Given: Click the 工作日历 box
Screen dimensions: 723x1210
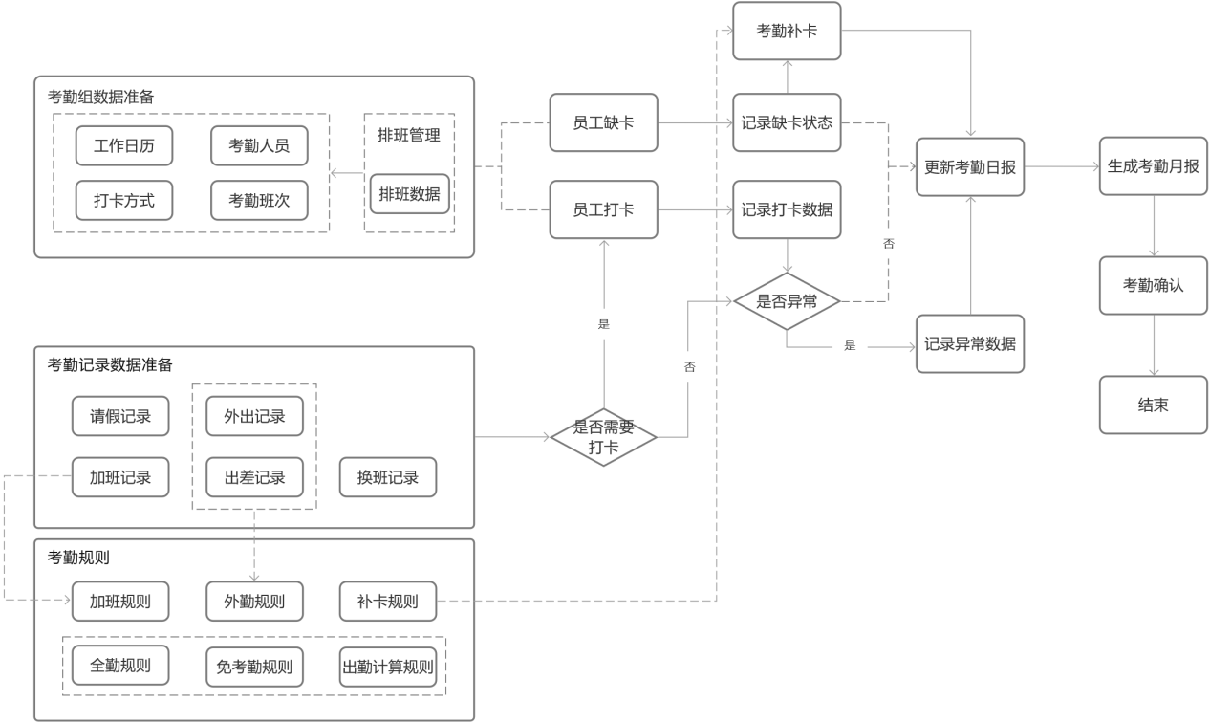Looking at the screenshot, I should (123, 145).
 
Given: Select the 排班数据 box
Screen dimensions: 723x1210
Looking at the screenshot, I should (409, 193).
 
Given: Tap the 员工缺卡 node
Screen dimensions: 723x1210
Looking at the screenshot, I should (603, 122).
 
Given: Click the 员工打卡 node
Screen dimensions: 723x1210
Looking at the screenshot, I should (603, 208).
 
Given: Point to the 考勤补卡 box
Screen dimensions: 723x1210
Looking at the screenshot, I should (786, 32).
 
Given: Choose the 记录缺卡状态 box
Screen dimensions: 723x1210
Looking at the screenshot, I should (786, 122).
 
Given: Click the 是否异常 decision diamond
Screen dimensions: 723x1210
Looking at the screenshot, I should (786, 301).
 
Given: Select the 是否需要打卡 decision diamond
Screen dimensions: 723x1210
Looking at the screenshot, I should (603, 437).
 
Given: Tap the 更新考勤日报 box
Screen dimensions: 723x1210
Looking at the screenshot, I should (969, 166).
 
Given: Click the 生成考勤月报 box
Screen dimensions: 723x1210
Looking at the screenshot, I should (1153, 166).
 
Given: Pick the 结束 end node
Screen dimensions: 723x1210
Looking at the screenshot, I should (1153, 405).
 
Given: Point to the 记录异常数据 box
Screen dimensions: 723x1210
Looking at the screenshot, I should (969, 343).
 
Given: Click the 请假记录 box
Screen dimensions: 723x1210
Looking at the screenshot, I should (120, 416).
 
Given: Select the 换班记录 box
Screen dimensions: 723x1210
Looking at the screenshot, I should (387, 477).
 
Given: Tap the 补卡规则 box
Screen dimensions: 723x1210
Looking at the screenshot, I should (387, 602).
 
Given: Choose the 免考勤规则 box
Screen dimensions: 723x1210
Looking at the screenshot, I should (253, 667).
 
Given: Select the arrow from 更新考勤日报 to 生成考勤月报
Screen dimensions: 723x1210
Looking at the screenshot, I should (1061, 166).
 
